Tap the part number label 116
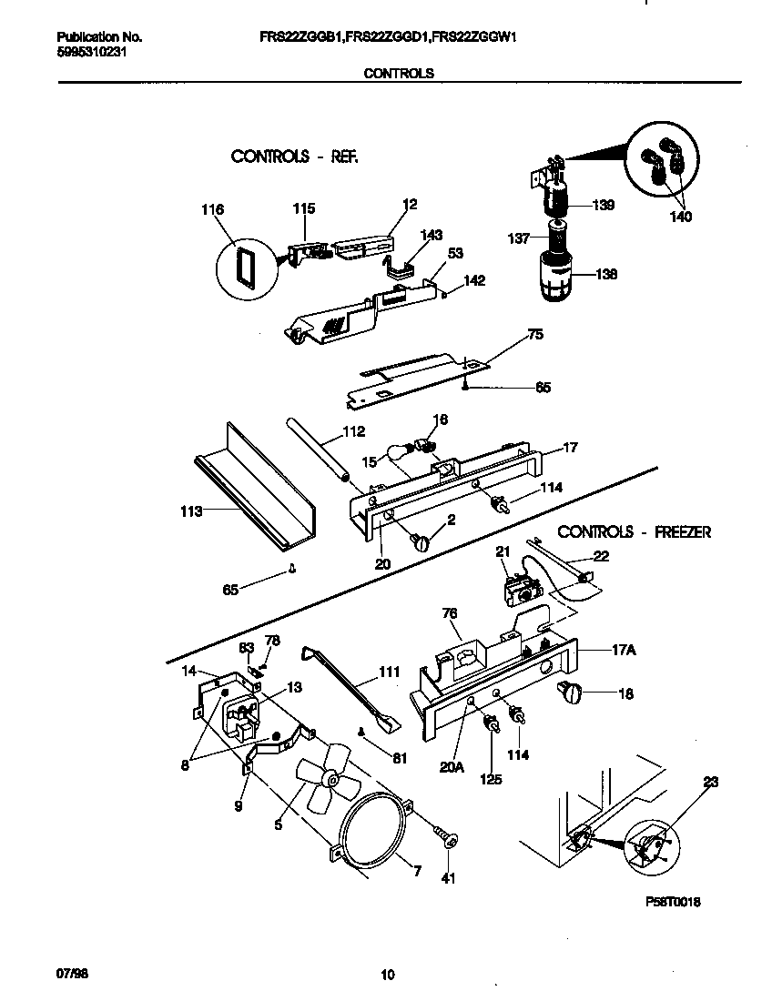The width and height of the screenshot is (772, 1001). tap(212, 210)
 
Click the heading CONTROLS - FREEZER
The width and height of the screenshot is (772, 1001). tap(634, 531)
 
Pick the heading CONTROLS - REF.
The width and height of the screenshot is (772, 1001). tap(294, 157)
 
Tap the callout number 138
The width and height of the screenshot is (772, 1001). tap(606, 273)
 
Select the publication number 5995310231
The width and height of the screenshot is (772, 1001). tap(91, 53)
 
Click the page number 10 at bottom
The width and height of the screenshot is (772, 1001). tap(387, 976)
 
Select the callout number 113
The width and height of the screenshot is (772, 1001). tap(190, 512)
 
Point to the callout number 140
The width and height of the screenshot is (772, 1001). tap(679, 217)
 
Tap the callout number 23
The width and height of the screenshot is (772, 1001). tap(712, 780)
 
